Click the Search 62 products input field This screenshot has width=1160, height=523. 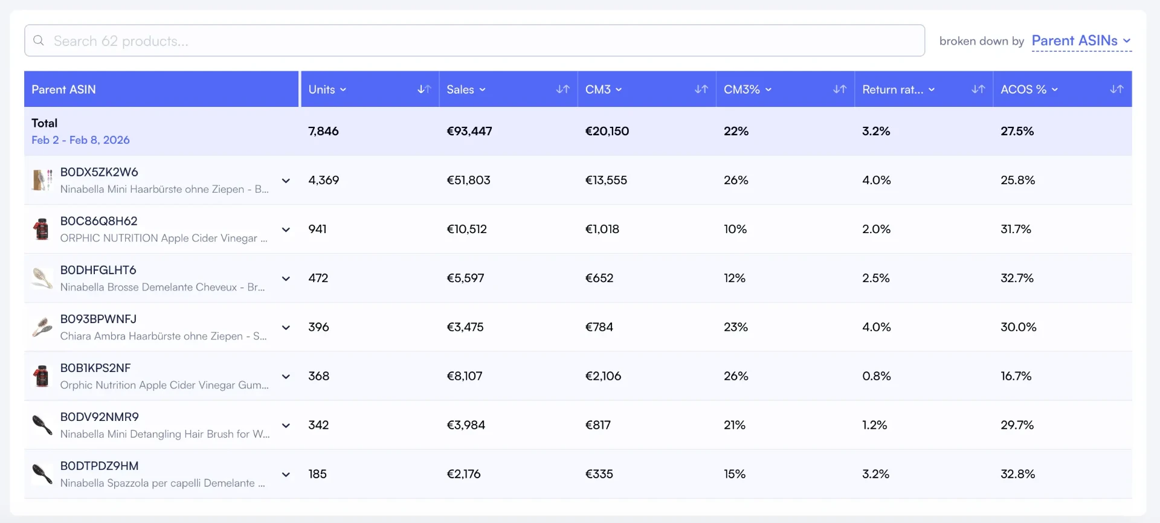[474, 40]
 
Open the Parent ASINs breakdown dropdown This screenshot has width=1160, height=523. [1081, 40]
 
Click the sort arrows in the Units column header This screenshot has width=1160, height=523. [424, 89]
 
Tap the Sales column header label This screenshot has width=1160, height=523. [460, 89]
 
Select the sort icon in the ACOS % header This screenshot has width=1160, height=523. [1116, 89]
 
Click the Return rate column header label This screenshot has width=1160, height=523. [892, 89]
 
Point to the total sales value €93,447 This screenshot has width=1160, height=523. [469, 131]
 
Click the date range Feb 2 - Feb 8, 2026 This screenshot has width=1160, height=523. [80, 140]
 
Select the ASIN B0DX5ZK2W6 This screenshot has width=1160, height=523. [99, 172]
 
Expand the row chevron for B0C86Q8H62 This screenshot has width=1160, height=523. [286, 229]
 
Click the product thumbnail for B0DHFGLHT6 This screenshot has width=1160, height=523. [42, 278]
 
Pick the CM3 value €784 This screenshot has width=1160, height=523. [599, 327]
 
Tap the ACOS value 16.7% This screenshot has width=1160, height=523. [1016, 376]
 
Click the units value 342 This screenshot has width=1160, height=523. [318, 425]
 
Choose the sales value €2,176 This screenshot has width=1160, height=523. [464, 474]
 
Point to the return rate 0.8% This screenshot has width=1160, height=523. [877, 376]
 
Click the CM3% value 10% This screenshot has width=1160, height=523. [735, 229]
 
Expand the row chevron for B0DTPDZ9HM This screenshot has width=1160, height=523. [286, 475]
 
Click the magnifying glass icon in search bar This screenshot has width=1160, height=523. [39, 40]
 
